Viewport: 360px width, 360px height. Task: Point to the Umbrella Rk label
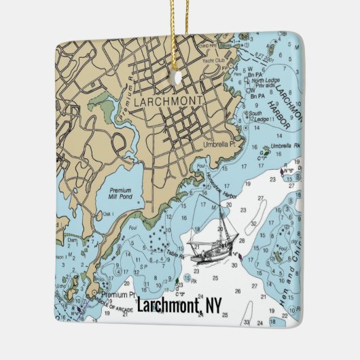click(285, 145)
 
